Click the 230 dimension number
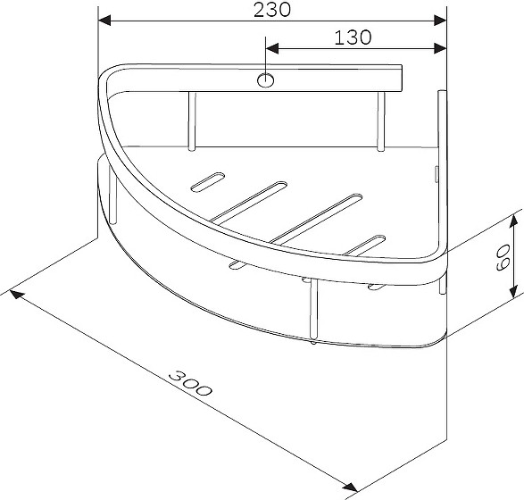(272, 10)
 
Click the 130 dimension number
(353, 37)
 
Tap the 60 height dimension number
(503, 257)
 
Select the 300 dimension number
(190, 383)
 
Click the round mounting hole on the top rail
(266, 80)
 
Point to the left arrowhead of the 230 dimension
(104, 21)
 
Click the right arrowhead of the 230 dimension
(440, 21)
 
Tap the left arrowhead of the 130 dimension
(272, 48)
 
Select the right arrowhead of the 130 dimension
(440, 48)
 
